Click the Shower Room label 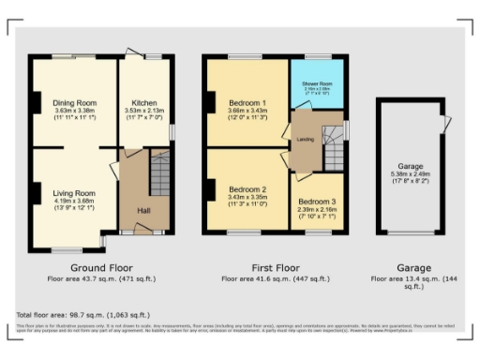tap(317, 84)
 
